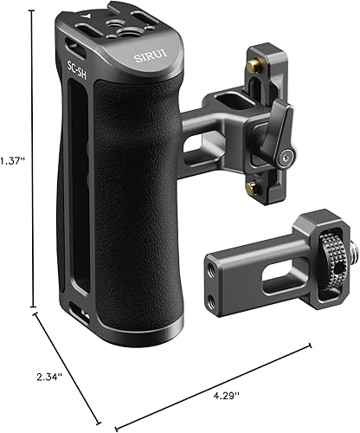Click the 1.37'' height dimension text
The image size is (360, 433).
tap(11, 161)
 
